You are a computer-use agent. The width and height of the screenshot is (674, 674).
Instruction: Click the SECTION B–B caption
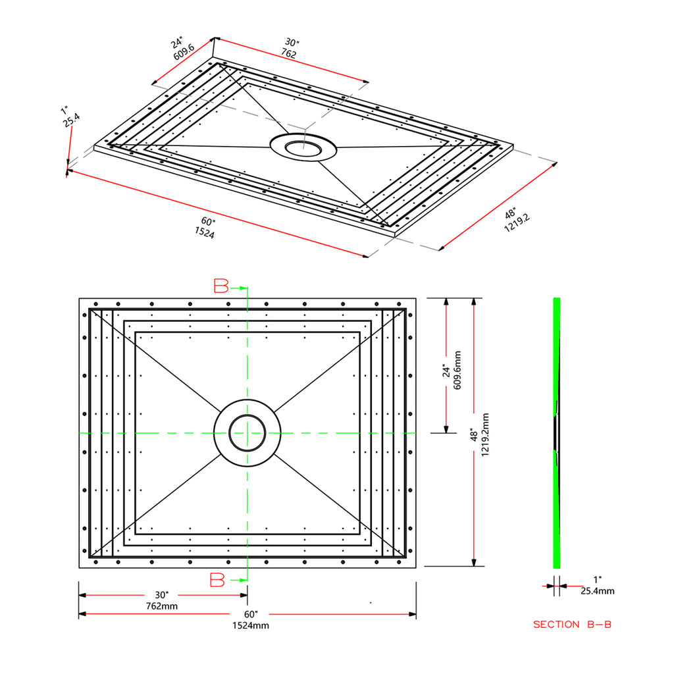coord(572,624)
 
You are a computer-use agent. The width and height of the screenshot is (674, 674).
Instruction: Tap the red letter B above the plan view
coord(221,286)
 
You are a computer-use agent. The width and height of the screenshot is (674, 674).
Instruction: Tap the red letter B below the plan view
coord(217,580)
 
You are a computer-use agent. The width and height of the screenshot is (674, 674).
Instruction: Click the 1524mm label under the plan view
coord(251,625)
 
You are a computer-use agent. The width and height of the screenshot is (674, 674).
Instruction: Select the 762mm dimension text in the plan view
coord(162,606)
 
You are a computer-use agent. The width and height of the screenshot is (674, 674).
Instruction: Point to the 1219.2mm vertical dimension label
coord(485,435)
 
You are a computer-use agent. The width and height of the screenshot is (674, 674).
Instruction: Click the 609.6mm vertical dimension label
coord(457,370)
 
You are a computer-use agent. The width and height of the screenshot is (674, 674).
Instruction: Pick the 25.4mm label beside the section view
coord(598,591)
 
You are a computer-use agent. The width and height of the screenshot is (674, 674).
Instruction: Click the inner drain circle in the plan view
coord(247,416)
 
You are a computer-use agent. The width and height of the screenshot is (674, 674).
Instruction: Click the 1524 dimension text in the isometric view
coord(205,232)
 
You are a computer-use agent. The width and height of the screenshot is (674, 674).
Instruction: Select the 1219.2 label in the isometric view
coord(517,223)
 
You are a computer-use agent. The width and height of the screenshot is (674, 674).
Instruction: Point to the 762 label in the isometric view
coord(289,53)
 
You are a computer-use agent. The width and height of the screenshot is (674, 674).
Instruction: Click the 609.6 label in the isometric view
coord(184,52)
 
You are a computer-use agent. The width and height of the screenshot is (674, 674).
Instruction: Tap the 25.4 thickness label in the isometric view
coord(71,120)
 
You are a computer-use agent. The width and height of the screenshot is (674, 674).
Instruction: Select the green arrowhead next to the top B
coord(244,288)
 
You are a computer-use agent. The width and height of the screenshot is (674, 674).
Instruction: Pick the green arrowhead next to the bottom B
coord(244,581)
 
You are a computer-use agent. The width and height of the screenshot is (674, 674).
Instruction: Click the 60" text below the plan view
coord(251,615)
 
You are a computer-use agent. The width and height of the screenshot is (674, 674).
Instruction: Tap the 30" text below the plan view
coord(162,595)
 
